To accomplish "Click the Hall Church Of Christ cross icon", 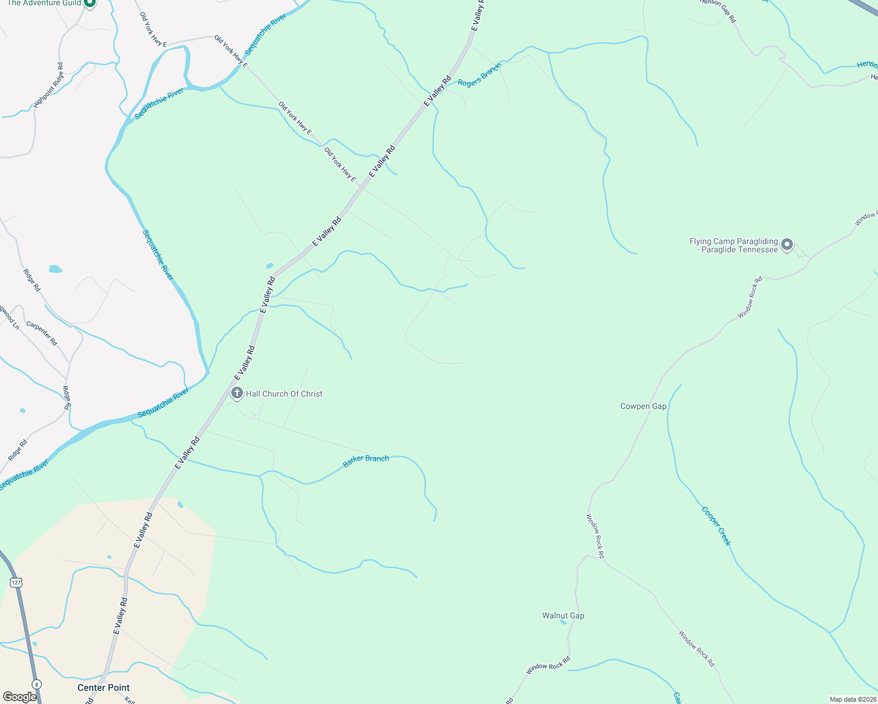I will pyautogui.click(x=237, y=394).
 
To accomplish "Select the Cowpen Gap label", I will pyautogui.click(x=643, y=406).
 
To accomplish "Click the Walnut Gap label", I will pyautogui.click(x=563, y=615).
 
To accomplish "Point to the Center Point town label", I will pyautogui.click(x=103, y=688).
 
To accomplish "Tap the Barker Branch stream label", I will pyautogui.click(x=366, y=461).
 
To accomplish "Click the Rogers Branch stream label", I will pyautogui.click(x=479, y=76).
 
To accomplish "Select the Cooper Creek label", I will pyautogui.click(x=716, y=526).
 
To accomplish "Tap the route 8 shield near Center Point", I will pyautogui.click(x=36, y=684).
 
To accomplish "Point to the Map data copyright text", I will pyautogui.click(x=852, y=699).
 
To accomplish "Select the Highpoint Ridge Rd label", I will pyautogui.click(x=48, y=85).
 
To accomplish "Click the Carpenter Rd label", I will pyautogui.click(x=42, y=333).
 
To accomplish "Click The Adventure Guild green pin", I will pyautogui.click(x=89, y=3).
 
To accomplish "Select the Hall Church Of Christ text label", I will pyautogui.click(x=284, y=394).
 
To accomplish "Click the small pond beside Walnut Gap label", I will pyautogui.click(x=563, y=622).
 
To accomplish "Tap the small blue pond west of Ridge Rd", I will pyautogui.click(x=55, y=269).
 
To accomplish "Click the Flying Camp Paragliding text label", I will pyautogui.click(x=734, y=245).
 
